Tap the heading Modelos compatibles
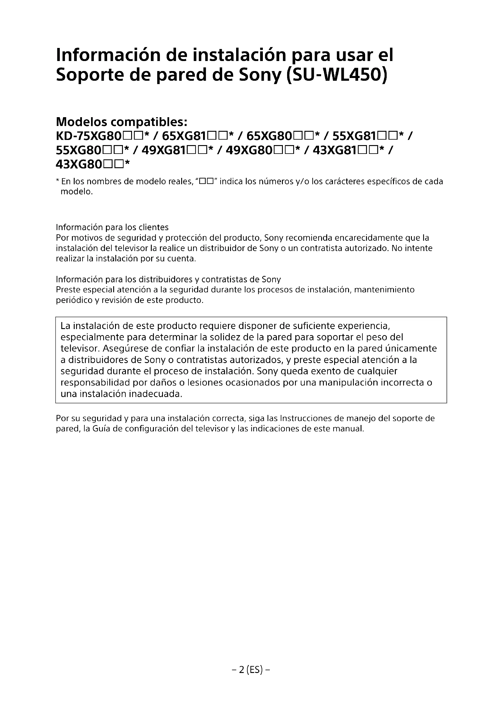(121, 122)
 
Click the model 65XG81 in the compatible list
(185, 136)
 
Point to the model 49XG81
(164, 150)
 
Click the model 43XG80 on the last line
(79, 165)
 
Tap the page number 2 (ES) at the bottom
(251, 670)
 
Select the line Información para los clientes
(112, 227)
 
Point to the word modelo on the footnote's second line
(76, 192)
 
